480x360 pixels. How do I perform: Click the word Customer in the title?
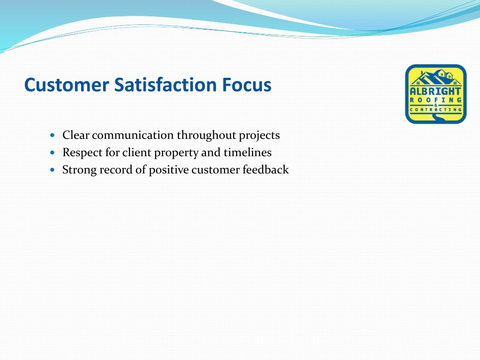[67, 85]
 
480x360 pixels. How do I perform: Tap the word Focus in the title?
[247, 84]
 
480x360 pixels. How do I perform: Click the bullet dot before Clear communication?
[52, 135]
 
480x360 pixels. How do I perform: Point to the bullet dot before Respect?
[52, 152]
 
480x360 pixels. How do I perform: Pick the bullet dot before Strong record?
[52, 169]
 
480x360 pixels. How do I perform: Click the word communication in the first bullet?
[133, 135]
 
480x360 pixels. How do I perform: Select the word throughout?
[206, 135]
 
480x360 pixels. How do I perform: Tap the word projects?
[259, 135]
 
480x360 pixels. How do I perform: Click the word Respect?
[82, 153]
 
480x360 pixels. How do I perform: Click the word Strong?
[80, 170]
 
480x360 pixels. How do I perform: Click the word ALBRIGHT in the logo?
[435, 91]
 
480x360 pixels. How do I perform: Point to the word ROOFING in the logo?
[435, 100]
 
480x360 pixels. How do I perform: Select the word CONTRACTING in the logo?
[435, 110]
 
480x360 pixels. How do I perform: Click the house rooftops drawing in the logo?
[435, 78]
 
